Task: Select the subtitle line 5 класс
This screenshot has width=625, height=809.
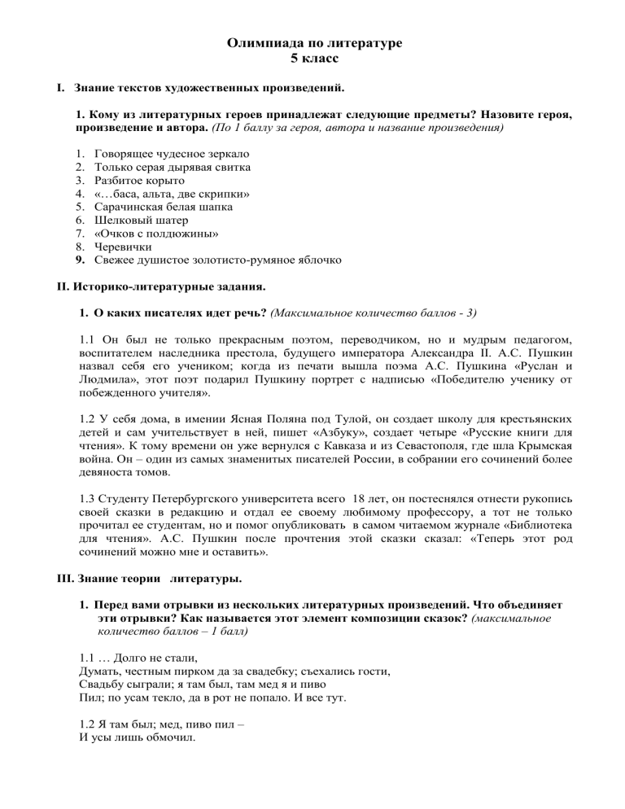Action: point(312,59)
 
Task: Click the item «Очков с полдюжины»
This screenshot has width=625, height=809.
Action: point(155,234)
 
